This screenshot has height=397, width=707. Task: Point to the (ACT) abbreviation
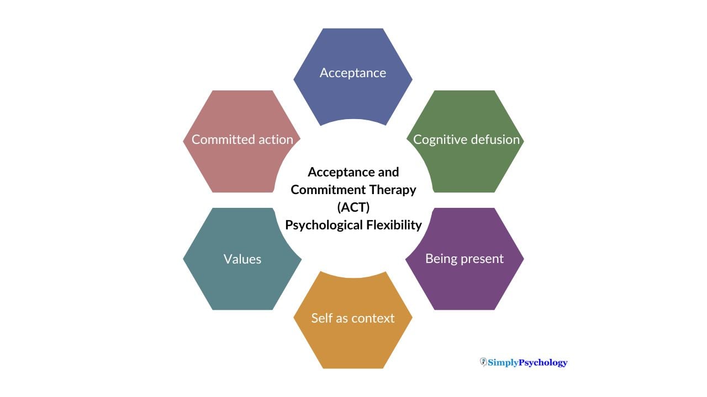(353, 207)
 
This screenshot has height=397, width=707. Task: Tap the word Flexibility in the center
(394, 225)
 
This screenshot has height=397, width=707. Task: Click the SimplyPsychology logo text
(527, 362)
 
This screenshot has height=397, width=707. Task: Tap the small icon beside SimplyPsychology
(483, 362)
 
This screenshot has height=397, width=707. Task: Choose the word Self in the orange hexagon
(321, 318)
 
